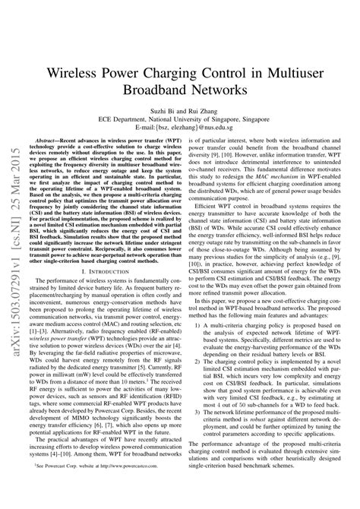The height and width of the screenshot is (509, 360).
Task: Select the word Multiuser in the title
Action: coord(291,74)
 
